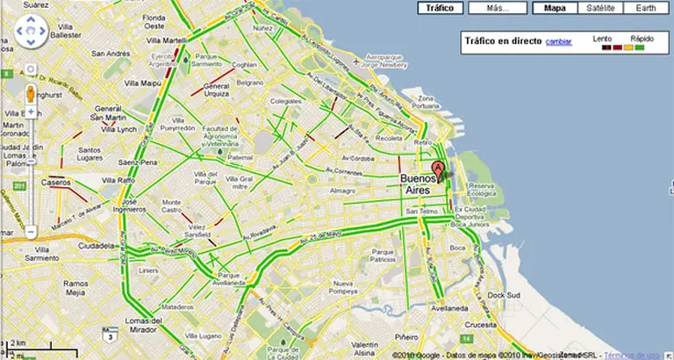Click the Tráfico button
point(440,8)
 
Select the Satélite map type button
point(599,8)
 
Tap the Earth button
point(646,8)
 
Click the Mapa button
point(554,8)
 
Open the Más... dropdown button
point(498,8)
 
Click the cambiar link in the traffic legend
point(559,41)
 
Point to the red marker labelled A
point(440,169)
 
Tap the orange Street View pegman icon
point(30,93)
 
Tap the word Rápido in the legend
point(642,39)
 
